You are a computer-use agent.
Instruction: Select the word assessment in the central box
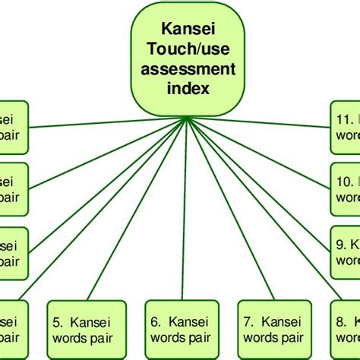click(x=188, y=70)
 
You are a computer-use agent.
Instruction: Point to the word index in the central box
click(x=188, y=88)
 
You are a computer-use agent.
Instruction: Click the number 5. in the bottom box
click(x=58, y=322)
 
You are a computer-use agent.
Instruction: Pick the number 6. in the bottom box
click(x=156, y=322)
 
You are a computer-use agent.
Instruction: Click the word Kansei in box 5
click(x=84, y=322)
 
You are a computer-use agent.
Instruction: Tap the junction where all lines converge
click(x=187, y=121)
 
